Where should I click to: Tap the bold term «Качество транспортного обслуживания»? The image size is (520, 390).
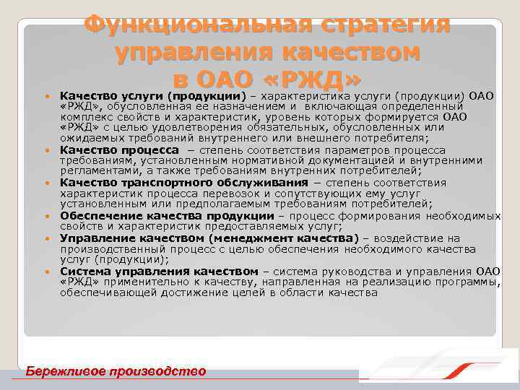(164, 183)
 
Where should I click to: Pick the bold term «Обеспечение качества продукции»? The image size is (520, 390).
(167, 216)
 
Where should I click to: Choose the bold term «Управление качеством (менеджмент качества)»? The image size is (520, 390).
(209, 238)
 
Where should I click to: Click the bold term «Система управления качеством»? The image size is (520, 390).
(159, 271)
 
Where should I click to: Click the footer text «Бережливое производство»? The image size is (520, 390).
(116, 371)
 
